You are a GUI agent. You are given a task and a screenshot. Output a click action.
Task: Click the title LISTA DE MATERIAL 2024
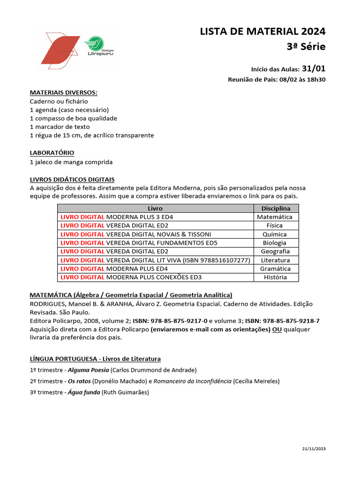click(262, 31)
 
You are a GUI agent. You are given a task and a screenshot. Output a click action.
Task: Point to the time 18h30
click(316, 80)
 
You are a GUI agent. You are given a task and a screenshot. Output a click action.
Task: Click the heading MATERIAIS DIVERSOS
click(64, 93)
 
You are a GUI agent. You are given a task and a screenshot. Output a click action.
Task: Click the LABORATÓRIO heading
click(52, 153)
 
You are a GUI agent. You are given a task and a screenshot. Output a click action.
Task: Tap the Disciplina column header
click(276, 209)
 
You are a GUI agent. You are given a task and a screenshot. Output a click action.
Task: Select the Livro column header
click(155, 209)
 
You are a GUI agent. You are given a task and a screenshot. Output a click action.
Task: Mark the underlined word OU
click(277, 330)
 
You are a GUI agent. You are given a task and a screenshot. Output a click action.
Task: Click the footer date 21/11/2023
click(314, 449)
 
